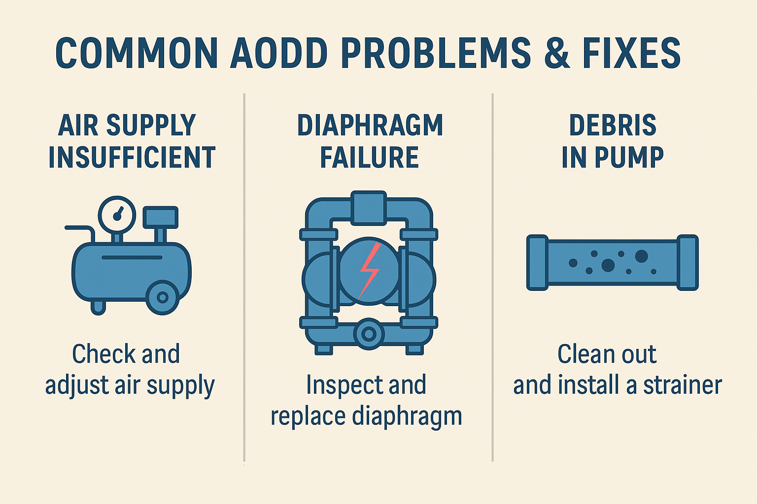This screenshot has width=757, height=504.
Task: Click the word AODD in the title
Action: point(279,53)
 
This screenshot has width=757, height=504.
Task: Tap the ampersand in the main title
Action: point(556,53)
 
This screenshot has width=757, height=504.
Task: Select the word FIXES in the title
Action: point(631,53)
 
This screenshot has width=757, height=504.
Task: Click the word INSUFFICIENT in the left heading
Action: point(132,157)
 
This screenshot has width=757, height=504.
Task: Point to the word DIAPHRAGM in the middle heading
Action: point(370,126)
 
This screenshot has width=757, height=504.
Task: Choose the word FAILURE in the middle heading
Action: point(370,157)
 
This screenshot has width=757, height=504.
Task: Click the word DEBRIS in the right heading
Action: point(613,126)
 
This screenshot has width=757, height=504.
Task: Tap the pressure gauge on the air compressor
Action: point(117,215)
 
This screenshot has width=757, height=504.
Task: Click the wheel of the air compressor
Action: point(162,297)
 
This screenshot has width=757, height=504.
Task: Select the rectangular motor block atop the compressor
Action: point(160,218)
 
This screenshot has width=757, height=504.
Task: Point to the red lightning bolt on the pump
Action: point(369,270)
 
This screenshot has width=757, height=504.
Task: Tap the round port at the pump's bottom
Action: point(369,334)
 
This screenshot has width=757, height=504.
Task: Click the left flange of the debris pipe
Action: point(537,262)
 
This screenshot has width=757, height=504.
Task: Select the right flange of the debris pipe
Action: point(687,262)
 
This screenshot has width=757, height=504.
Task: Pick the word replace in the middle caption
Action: point(308,416)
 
